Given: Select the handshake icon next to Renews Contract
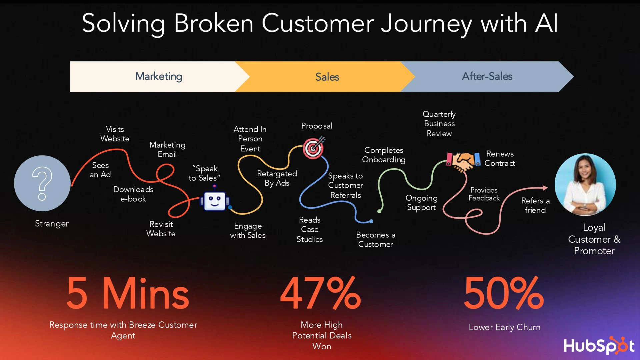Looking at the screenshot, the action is click(x=463, y=161).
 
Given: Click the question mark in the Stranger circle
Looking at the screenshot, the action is click(x=42, y=183).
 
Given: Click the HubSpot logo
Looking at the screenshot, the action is click(x=599, y=345).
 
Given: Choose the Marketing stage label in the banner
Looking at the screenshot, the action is click(x=159, y=76).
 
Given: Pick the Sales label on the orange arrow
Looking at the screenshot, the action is click(x=327, y=77).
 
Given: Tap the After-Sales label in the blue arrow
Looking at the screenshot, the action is click(x=487, y=76).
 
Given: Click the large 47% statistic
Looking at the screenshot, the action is click(x=321, y=293).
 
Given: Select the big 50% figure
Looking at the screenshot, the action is click(x=504, y=293).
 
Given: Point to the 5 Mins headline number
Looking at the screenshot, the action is click(x=128, y=293).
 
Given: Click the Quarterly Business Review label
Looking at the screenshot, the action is click(x=439, y=124).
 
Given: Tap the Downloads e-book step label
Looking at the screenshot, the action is click(x=133, y=194).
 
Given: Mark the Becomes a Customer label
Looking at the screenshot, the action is click(x=376, y=239).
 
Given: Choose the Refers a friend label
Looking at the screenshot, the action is click(x=535, y=205).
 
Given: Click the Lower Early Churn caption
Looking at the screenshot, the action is click(x=505, y=327).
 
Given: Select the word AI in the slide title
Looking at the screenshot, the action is click(x=546, y=23).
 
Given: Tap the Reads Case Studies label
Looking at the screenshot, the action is click(x=310, y=229).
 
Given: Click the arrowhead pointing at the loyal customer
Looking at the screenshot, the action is click(x=545, y=188).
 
